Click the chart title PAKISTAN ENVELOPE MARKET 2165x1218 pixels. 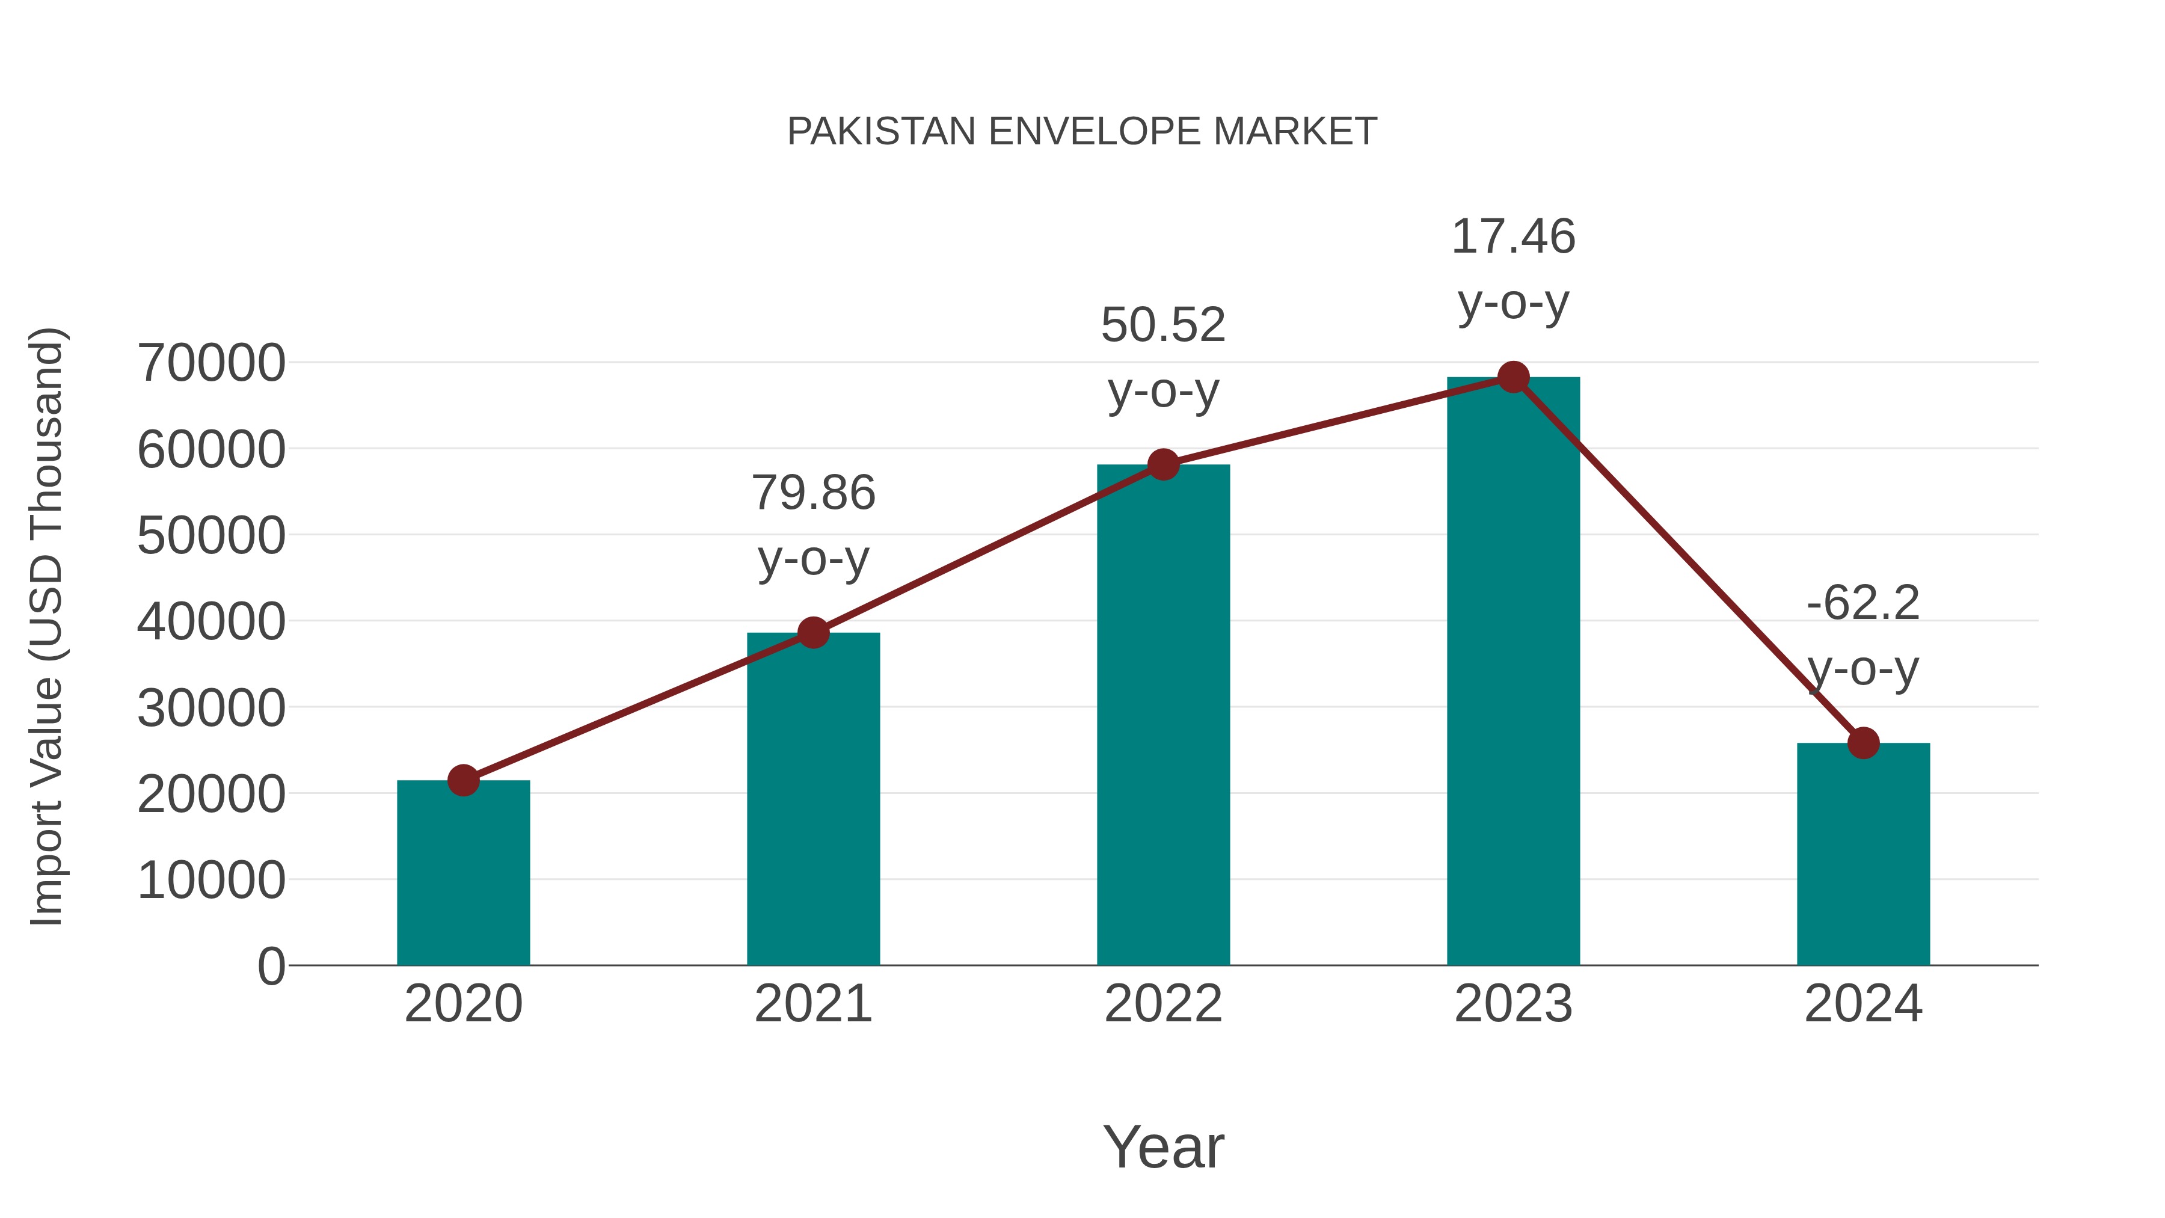(1082, 132)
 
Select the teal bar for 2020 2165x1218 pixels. (463, 874)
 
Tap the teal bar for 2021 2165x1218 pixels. (812, 799)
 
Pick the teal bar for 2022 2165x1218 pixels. (1163, 715)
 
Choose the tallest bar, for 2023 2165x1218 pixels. (1513, 672)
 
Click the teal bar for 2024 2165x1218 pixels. (1863, 853)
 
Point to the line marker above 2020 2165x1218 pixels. (463, 780)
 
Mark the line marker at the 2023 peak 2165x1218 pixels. (1513, 377)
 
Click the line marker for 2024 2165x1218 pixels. (1863, 743)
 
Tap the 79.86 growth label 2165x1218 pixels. (812, 493)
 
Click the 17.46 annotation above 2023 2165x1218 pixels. (1513, 236)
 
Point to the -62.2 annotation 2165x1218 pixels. (1863, 603)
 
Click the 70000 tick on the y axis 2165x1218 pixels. (211, 363)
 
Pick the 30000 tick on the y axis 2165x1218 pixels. (211, 708)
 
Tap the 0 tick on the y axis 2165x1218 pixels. (271, 966)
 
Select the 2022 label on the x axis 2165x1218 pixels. (1163, 1004)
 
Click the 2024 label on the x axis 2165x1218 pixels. (1863, 1004)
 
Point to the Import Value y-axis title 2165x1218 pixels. (46, 626)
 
